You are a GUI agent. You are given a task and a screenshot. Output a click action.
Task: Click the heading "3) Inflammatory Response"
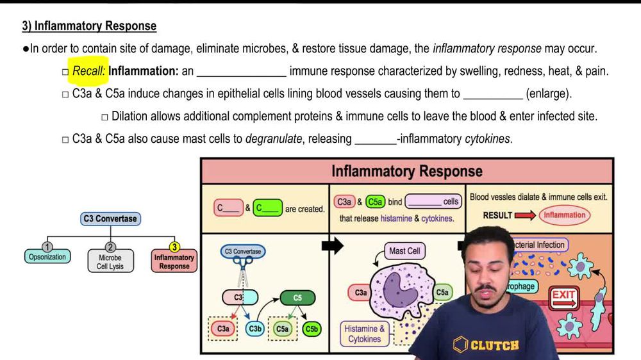[89, 26]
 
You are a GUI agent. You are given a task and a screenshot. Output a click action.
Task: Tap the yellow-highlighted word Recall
[88, 71]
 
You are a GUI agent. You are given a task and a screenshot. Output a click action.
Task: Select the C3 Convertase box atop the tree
[110, 218]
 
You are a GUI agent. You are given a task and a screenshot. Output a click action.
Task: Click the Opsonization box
[47, 257]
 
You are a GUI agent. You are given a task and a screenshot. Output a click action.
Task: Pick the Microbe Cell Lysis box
[110, 261]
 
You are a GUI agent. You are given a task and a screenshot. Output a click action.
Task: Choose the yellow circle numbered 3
[174, 247]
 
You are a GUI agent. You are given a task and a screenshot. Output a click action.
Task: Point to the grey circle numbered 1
[47, 247]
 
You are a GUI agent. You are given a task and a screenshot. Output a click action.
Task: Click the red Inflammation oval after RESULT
[565, 215]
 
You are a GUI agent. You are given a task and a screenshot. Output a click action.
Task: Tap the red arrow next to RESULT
[525, 215]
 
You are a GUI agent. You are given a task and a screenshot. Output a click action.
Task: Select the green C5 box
[297, 298]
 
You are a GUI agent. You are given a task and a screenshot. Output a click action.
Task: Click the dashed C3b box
[255, 329]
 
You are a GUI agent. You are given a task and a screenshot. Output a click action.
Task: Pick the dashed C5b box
[312, 329]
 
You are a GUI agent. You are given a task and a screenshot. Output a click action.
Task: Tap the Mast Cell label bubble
[404, 251]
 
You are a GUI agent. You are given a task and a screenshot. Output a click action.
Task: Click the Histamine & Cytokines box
[365, 334]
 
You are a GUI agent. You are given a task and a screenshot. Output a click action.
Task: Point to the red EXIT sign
[564, 296]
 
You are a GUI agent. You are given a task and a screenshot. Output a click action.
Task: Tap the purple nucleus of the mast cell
[401, 290]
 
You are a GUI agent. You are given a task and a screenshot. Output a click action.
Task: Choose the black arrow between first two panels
[331, 246]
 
